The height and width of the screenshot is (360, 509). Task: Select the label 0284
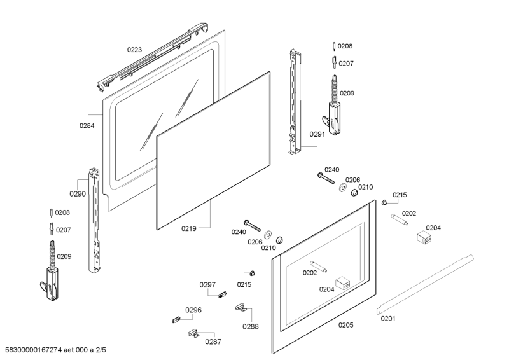(x=87, y=125)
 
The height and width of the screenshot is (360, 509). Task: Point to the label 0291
(x=317, y=134)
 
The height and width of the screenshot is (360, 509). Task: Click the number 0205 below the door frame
(x=345, y=324)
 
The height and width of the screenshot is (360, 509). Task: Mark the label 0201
(x=389, y=319)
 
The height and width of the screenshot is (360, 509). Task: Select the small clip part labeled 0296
(x=176, y=319)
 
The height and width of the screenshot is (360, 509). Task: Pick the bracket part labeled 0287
(x=193, y=333)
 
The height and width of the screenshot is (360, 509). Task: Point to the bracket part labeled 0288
(x=240, y=307)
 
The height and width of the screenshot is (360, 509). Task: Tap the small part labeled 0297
(x=222, y=294)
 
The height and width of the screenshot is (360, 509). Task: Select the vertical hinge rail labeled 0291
(x=293, y=102)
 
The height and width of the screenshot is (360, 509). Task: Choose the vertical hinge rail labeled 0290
(x=95, y=219)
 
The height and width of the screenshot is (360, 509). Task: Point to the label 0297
(x=208, y=284)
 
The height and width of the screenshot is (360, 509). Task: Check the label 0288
(x=250, y=326)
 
